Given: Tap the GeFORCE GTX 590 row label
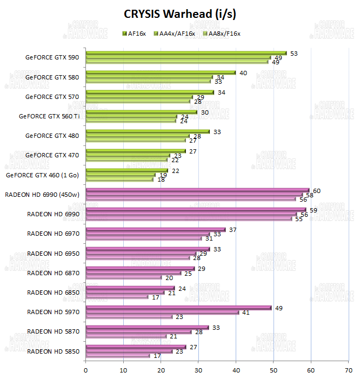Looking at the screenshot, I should point(52,57).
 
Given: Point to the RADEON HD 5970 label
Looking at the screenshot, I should point(53,312).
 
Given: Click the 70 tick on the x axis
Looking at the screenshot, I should point(348,370).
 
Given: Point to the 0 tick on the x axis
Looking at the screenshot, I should point(86,370).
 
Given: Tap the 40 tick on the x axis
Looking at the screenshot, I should point(236,370).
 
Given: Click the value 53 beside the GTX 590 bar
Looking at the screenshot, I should point(294,53).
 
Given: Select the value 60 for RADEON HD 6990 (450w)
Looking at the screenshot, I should point(317,190).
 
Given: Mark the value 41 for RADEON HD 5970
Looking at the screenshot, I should point(246,312).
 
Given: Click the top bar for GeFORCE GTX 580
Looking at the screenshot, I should point(161,72).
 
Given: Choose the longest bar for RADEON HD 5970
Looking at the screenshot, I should point(178,308).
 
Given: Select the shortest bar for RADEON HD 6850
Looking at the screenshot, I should point(117,297).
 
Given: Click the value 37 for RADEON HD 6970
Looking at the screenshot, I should point(232,230).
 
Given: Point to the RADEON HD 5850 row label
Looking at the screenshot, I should point(53,351).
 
